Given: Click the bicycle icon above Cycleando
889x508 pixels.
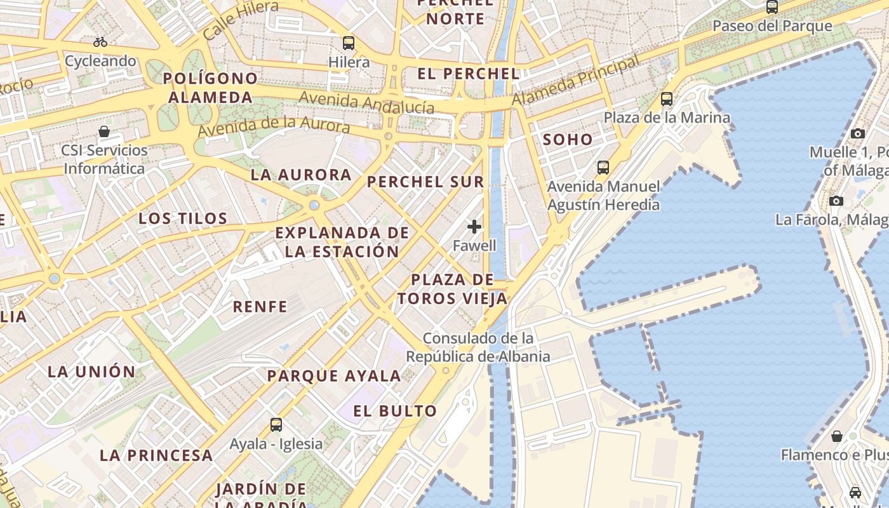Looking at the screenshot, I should [x=100, y=43].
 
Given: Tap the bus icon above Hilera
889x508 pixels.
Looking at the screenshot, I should [x=349, y=43].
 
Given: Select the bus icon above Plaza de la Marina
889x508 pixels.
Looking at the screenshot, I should [x=667, y=99].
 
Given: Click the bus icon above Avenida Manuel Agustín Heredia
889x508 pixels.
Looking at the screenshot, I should [x=603, y=168].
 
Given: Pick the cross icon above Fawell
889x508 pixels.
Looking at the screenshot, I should [x=474, y=227].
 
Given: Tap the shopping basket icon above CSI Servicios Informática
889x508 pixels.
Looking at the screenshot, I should [x=104, y=132].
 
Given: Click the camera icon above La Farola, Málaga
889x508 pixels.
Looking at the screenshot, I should [x=836, y=201].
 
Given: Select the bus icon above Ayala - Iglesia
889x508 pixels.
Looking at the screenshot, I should [x=276, y=425].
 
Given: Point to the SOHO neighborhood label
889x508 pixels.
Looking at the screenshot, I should [x=568, y=140].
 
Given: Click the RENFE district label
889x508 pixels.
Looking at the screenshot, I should [x=260, y=307].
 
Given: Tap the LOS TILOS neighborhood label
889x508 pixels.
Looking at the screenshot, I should [x=183, y=218].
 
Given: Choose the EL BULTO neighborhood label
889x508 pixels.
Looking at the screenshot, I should [x=395, y=411].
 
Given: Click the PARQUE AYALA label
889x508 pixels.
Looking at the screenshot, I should [x=334, y=376].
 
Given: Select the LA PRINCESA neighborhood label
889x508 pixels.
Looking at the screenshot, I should [x=156, y=455].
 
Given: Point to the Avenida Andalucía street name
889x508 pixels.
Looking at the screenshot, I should [x=366, y=102].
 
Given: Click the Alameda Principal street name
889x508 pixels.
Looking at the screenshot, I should [x=575, y=82].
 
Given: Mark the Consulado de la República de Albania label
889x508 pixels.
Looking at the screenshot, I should [x=478, y=347].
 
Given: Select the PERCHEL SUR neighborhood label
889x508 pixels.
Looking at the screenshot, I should [x=425, y=182].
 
